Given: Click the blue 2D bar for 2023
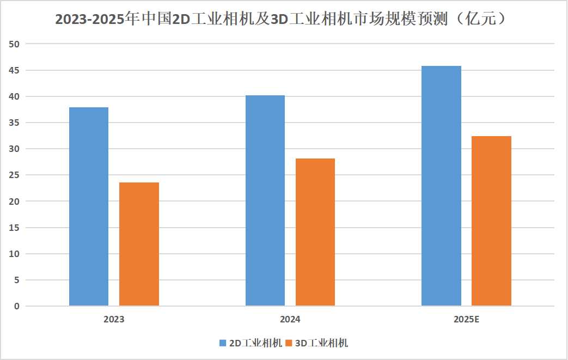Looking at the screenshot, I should [89, 206].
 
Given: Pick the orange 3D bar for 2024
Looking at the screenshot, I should [315, 232].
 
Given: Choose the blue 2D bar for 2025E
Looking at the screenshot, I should [441, 186].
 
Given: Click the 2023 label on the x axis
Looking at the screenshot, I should [114, 319].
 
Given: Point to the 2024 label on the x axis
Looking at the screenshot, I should [290, 319].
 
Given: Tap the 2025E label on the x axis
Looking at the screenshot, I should [466, 319].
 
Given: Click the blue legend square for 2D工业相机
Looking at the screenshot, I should [223, 343].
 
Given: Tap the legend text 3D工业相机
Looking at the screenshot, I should [321, 343].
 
